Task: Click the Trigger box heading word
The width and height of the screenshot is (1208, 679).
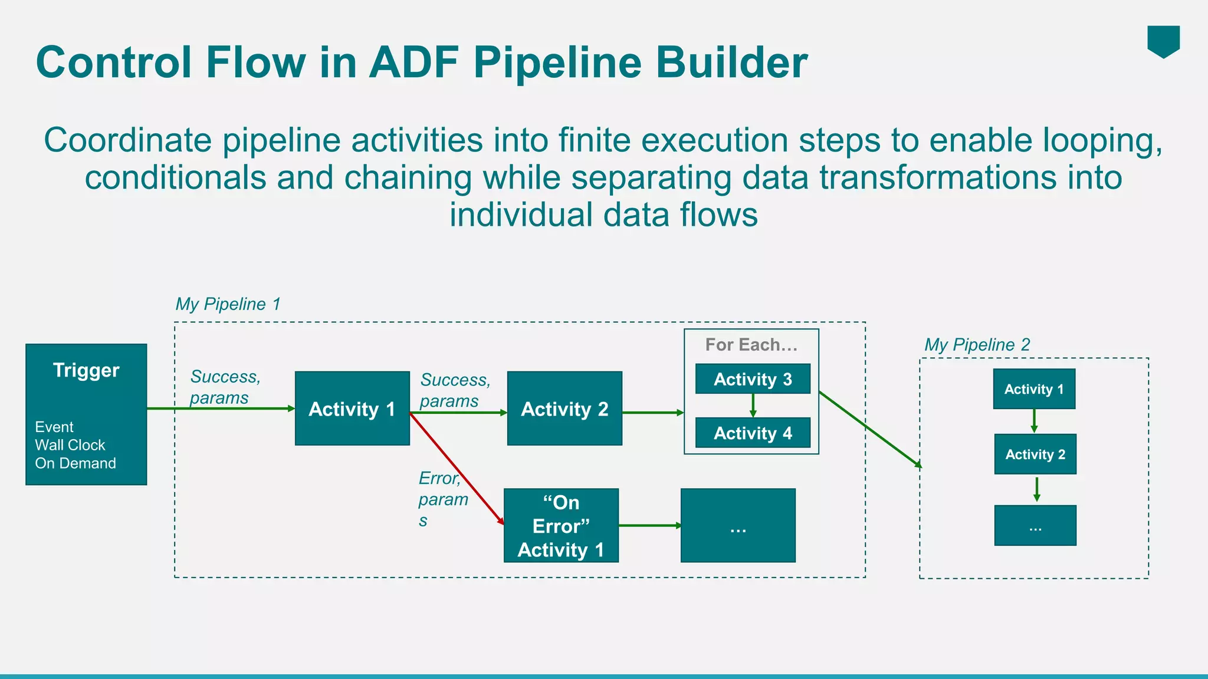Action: (x=86, y=370)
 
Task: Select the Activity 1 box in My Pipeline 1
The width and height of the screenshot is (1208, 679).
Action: (x=352, y=408)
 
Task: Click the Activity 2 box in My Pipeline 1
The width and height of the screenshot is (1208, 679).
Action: (x=564, y=408)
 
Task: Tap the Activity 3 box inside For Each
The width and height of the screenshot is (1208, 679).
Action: (x=753, y=379)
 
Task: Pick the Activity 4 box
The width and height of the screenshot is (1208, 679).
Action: (x=753, y=433)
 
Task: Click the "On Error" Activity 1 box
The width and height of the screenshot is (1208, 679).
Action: (x=561, y=526)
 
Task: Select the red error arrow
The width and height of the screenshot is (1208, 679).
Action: (x=457, y=469)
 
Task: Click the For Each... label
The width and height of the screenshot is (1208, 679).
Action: (x=751, y=345)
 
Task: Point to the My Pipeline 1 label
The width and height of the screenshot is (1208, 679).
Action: (x=228, y=304)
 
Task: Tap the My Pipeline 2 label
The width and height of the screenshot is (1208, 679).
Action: (x=977, y=345)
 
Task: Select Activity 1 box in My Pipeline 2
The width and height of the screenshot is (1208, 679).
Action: (x=1034, y=389)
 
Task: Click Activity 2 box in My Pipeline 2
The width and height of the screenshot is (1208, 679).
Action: (x=1035, y=454)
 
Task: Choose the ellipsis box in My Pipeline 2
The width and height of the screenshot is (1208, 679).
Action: (x=1035, y=526)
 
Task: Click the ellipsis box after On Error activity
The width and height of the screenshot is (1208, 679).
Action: (x=738, y=526)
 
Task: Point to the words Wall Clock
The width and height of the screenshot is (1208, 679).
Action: (x=70, y=445)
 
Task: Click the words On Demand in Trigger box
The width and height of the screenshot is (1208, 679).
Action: (x=75, y=463)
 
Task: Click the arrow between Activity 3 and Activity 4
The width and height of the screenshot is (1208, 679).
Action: (x=753, y=406)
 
